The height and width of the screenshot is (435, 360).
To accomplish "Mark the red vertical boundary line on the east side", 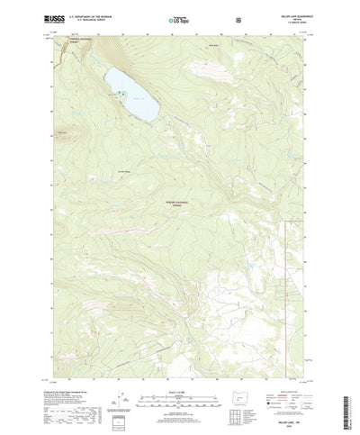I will click(x=285, y=270).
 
